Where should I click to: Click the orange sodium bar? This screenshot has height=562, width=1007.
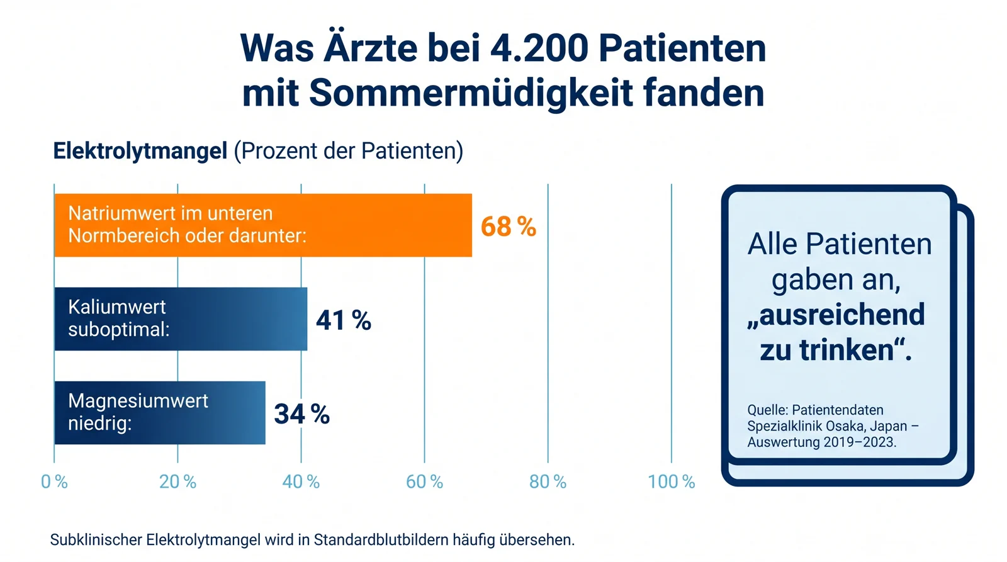click(x=263, y=225)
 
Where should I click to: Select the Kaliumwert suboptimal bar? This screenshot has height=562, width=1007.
click(x=181, y=319)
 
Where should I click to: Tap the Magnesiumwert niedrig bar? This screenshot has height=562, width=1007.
click(x=160, y=413)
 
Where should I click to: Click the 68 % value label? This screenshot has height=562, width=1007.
click(x=509, y=226)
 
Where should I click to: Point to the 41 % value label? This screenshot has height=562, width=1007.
click(x=344, y=320)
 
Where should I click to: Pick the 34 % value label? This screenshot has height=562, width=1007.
click(x=301, y=414)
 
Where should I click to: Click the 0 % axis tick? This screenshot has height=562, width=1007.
click(x=54, y=482)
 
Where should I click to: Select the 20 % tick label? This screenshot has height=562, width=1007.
click(x=177, y=482)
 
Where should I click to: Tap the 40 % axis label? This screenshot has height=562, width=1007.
click(x=301, y=482)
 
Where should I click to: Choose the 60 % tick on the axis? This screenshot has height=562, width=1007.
click(x=424, y=482)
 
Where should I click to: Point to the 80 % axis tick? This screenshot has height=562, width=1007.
click(x=548, y=482)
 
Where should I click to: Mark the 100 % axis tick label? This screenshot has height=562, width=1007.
click(x=671, y=482)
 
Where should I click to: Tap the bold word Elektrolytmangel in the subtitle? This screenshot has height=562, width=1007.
click(x=140, y=151)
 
